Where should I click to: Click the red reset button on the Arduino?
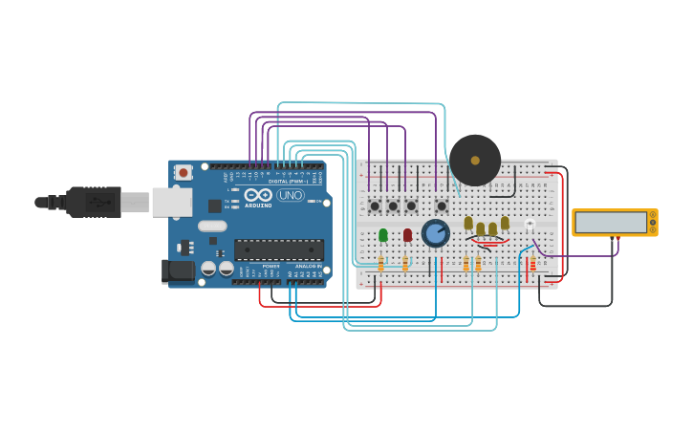183,173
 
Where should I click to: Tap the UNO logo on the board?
291,195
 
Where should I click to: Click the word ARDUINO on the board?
258,205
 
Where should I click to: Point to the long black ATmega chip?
279,249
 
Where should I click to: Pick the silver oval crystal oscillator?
212,227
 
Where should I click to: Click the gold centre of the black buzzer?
475,160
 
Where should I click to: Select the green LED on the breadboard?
383,235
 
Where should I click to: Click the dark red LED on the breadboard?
407,235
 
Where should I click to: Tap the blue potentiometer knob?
436,233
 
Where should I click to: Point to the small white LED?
529,226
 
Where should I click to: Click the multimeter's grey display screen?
611,223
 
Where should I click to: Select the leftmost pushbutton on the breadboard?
375,206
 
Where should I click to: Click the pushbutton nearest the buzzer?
442,206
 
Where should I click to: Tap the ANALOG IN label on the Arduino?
306,266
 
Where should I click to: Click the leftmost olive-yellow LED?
468,224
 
